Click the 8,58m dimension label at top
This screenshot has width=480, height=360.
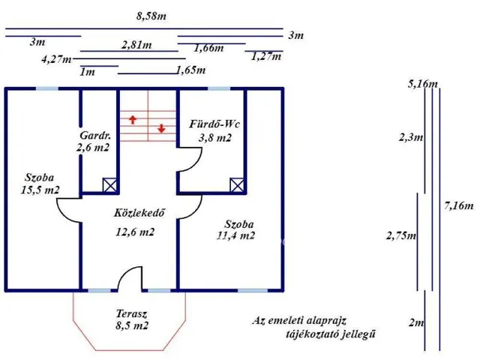pos(151,16)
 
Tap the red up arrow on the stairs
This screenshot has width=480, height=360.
pos(133,119)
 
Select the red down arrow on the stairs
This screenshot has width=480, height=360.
pos(161,128)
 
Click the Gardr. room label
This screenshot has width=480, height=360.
pos(95,135)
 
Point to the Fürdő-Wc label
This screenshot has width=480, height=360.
pos(214,124)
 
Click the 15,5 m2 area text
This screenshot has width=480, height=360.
pos(40,190)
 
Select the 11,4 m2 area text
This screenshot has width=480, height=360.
pos(235,235)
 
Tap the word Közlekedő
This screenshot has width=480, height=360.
pos(139,213)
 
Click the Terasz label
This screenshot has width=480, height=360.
pos(132,313)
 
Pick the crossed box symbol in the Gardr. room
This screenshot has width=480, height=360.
pos(109,185)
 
